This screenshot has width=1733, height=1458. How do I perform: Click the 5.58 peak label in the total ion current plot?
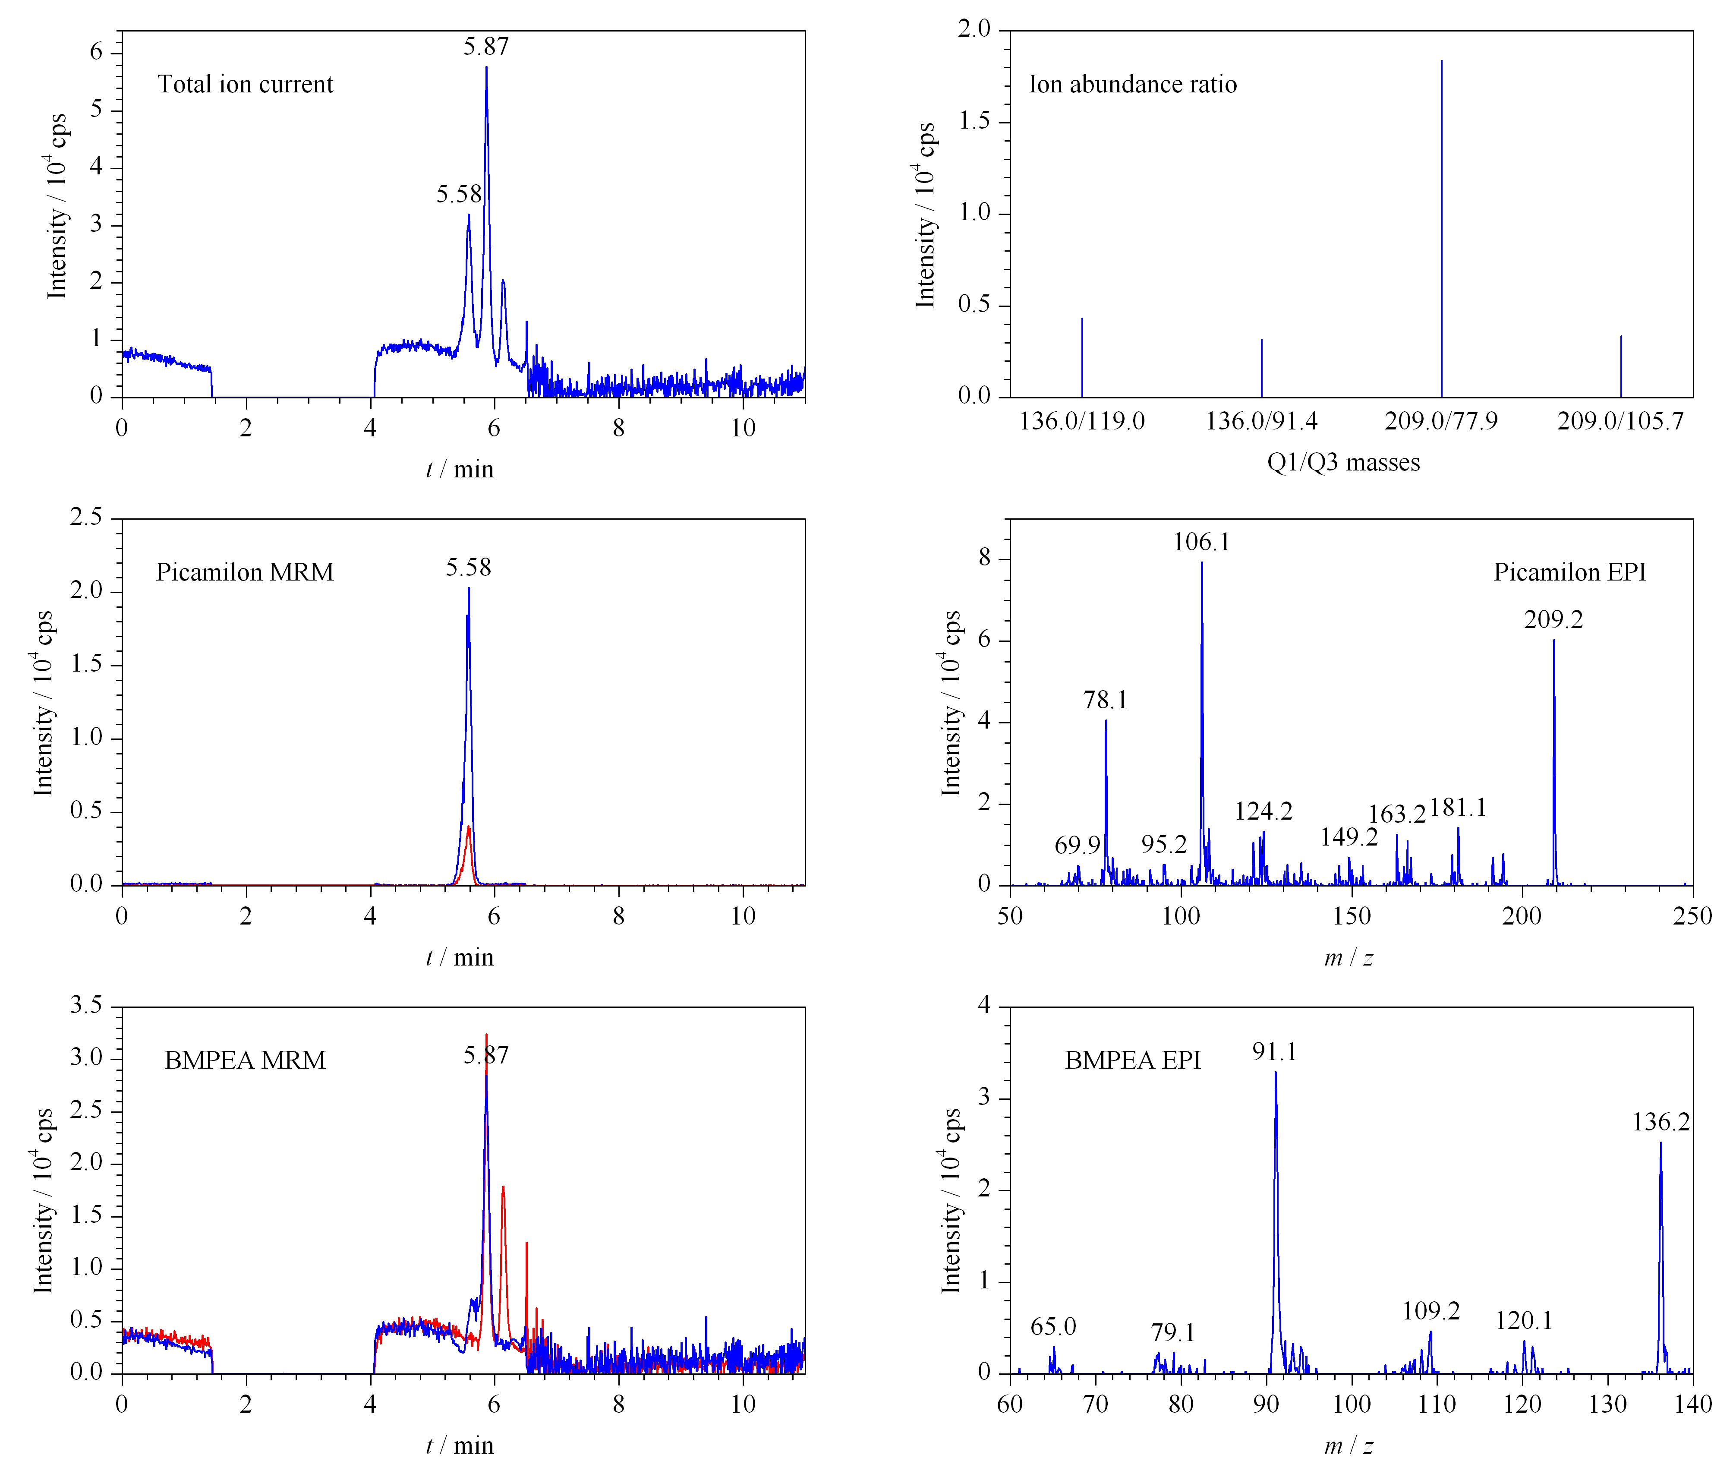click(x=459, y=194)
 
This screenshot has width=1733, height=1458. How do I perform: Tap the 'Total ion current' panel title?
click(x=246, y=84)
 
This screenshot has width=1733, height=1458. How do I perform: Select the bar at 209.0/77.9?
click(x=1441, y=228)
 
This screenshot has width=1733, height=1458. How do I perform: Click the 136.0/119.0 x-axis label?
click(x=1082, y=422)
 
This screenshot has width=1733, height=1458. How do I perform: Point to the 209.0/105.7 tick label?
click(x=1621, y=422)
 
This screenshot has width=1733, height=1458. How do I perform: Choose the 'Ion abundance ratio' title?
click(x=1132, y=84)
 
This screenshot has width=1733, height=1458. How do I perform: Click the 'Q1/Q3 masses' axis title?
click(x=1344, y=462)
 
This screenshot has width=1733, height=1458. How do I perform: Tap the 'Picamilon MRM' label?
click(x=245, y=572)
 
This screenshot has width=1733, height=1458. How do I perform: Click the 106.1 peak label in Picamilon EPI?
click(x=1202, y=542)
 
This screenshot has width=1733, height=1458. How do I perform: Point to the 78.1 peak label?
click(x=1106, y=700)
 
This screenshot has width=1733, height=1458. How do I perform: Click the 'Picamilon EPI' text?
click(x=1569, y=572)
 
